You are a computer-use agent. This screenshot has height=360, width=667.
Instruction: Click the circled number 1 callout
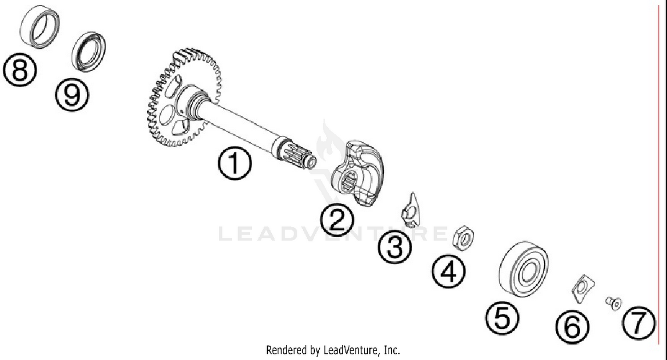pos(235,164)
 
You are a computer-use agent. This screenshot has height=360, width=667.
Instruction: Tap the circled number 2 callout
pos(337,220)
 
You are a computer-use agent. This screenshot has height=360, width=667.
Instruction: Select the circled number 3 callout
pos(395,247)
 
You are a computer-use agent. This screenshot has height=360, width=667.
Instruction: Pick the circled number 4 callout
pos(448,271)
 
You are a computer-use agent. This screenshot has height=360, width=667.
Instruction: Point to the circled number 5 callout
pos(502,318)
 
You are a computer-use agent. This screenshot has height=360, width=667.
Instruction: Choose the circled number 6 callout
pos(572,327)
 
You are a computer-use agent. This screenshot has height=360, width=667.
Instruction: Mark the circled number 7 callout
pos(639,323)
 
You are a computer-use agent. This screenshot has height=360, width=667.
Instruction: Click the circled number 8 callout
pos(20,70)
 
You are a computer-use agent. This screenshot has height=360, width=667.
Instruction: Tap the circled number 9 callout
pos(72,94)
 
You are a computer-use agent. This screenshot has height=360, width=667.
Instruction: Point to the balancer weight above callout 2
pos(358,173)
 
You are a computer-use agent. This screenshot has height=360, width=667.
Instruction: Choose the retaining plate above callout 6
pos(583,288)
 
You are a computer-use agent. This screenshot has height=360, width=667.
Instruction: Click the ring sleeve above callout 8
pos(40,27)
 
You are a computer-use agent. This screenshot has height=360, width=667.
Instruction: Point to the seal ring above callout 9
pos(88,52)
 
